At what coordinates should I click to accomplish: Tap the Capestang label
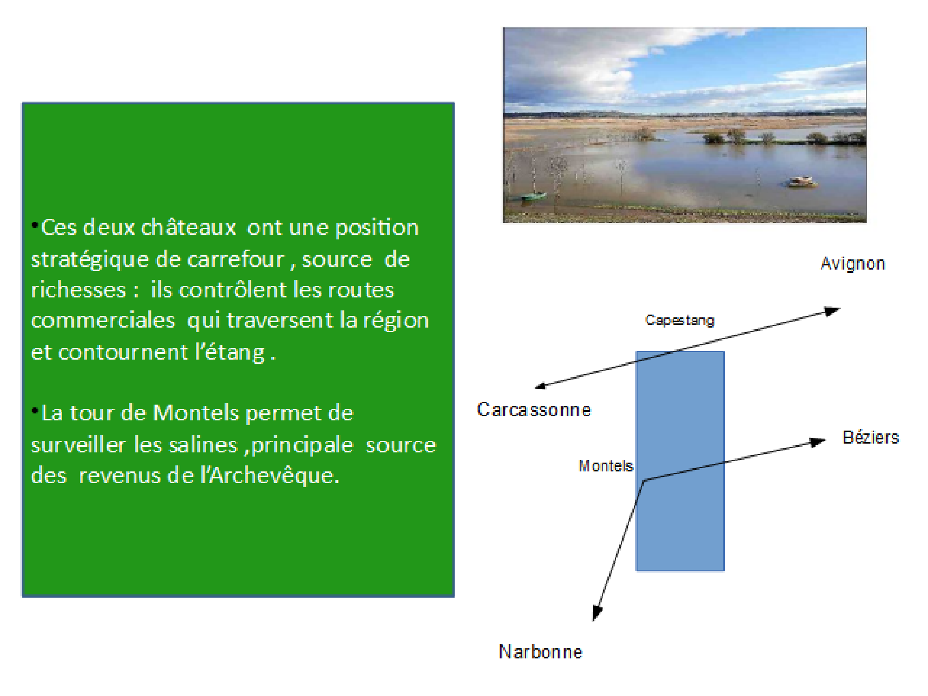680,320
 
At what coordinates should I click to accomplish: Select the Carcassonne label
534,410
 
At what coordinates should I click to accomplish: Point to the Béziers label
871,437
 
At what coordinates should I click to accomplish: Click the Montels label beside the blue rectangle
606,466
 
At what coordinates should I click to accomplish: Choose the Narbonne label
541,652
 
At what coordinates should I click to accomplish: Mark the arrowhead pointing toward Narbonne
597,613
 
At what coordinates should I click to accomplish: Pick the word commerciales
103,321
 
